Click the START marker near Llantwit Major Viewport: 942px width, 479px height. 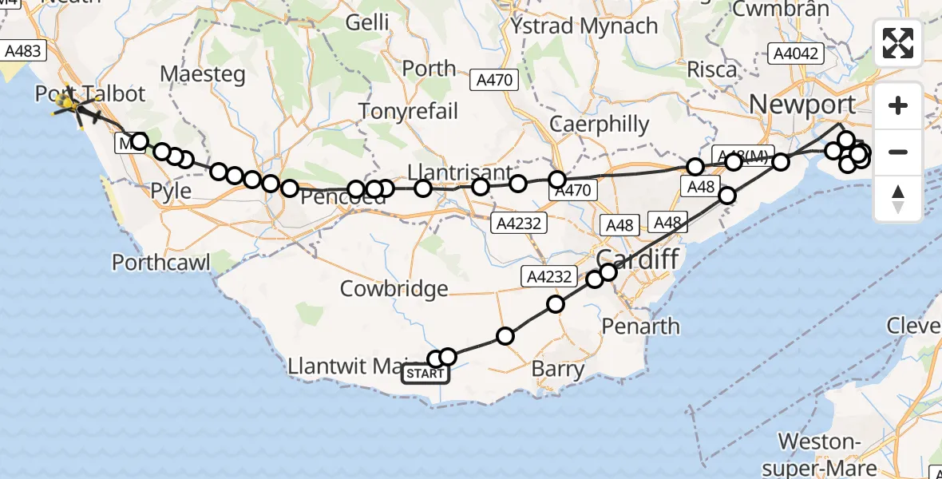pyautogui.click(x=425, y=374)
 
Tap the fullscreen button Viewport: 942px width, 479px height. pyautogui.click(x=898, y=43)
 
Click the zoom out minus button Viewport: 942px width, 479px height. pyautogui.click(x=898, y=152)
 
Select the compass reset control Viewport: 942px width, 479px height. pyautogui.click(x=898, y=198)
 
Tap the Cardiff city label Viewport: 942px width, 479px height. pyautogui.click(x=637, y=259)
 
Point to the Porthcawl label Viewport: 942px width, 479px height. pyautogui.click(x=161, y=262)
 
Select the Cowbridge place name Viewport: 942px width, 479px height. pyautogui.click(x=394, y=288)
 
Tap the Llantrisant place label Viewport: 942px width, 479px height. pyautogui.click(x=460, y=172)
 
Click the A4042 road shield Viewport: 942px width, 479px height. pyautogui.click(x=794, y=54)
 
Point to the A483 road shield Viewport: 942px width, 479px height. pyautogui.click(x=23, y=51)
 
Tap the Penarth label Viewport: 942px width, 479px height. pyautogui.click(x=640, y=326)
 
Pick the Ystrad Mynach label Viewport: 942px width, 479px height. pyautogui.click(x=585, y=26)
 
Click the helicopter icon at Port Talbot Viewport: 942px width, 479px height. pyautogui.click(x=67, y=103)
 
